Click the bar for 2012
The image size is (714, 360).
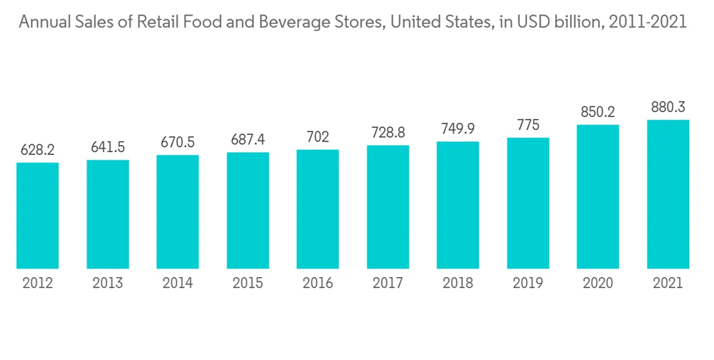point(38,216)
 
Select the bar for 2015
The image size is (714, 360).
point(248,211)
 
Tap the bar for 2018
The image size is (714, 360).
point(458,206)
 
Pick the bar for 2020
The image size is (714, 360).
point(598,197)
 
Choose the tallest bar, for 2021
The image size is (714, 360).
point(668,194)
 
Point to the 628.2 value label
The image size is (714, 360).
point(38,150)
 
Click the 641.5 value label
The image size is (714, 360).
point(108,147)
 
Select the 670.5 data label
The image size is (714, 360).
point(178,142)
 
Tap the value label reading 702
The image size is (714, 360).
point(318,136)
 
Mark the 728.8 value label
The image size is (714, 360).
point(388,132)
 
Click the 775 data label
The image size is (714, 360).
point(528,125)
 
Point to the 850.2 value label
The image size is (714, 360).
point(598,112)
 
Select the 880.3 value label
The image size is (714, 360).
point(668,107)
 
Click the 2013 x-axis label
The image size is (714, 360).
point(108,284)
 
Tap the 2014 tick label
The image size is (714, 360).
point(178,284)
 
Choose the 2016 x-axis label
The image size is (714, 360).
point(318,284)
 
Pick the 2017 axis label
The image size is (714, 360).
point(388,284)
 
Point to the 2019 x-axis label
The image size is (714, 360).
point(528,284)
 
